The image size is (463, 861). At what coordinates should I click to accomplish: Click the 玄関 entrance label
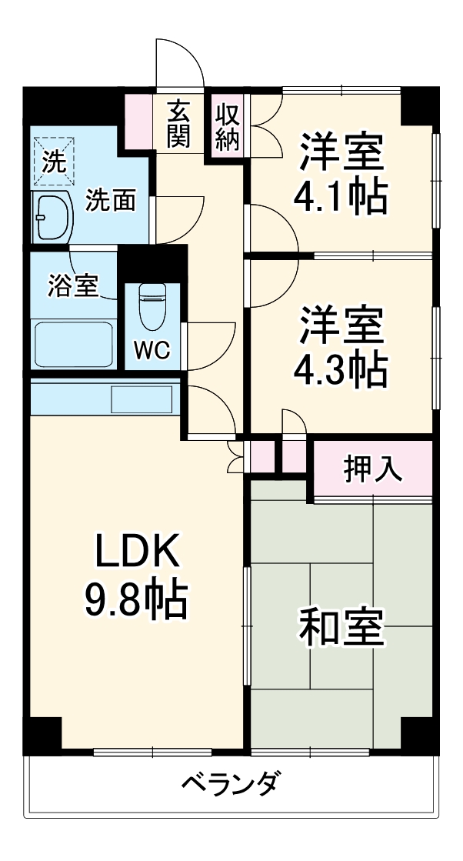(x=178, y=124)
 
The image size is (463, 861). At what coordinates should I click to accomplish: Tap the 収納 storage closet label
(x=227, y=127)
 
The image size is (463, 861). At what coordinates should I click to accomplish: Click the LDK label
(x=137, y=551)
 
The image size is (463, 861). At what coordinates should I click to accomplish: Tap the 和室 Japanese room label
(x=340, y=628)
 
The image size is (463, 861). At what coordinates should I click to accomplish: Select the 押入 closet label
(x=373, y=469)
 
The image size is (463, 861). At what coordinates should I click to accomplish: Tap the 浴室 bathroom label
(x=73, y=285)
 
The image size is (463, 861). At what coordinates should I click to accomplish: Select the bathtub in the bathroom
(x=74, y=343)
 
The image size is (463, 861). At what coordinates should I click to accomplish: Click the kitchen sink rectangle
(x=142, y=399)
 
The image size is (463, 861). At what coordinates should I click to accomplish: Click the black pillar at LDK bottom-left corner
(x=43, y=734)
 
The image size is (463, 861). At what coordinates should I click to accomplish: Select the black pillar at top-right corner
(x=419, y=105)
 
